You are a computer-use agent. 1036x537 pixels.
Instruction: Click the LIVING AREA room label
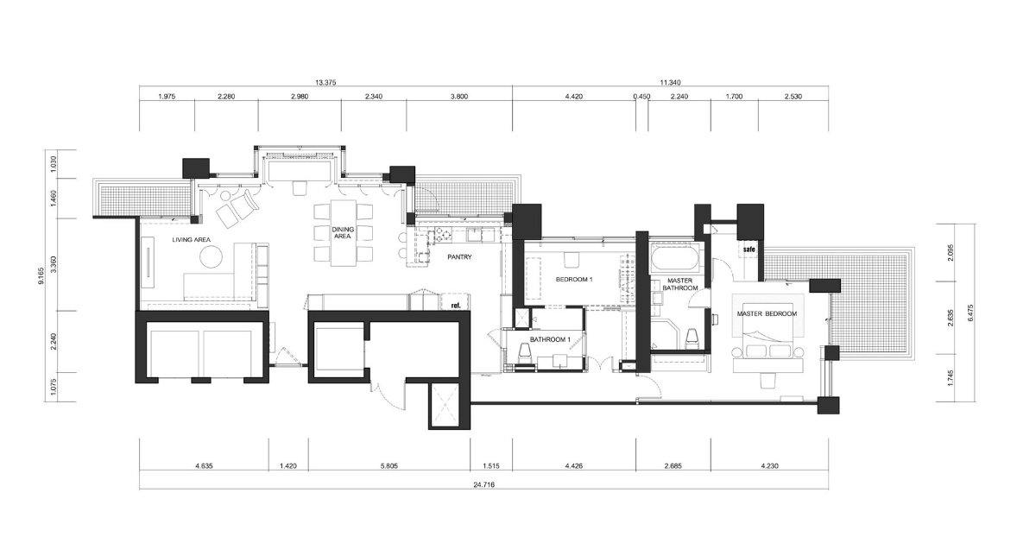191,240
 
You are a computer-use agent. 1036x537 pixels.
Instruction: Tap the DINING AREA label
343,232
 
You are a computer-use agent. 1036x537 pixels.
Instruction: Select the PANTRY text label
459,257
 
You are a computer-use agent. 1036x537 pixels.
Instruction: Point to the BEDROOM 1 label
574,280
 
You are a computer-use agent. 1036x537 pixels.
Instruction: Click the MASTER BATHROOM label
680,284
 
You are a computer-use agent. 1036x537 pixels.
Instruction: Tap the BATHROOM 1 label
550,339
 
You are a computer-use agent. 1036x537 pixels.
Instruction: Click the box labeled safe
749,250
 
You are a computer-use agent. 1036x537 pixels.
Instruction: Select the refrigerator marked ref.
456,302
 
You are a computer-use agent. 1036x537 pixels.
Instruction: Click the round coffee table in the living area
212,256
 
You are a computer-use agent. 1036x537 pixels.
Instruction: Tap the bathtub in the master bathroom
673,257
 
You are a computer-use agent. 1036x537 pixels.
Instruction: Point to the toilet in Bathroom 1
525,354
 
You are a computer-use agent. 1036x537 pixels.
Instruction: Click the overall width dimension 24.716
483,484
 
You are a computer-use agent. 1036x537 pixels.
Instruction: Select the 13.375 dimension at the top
325,83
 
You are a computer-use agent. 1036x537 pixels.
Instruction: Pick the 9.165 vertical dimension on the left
41,275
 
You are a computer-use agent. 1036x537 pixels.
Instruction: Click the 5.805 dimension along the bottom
389,466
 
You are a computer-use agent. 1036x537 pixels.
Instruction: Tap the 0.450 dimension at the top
641,97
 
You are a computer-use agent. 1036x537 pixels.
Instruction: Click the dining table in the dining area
344,232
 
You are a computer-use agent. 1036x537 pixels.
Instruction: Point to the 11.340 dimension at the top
670,83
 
